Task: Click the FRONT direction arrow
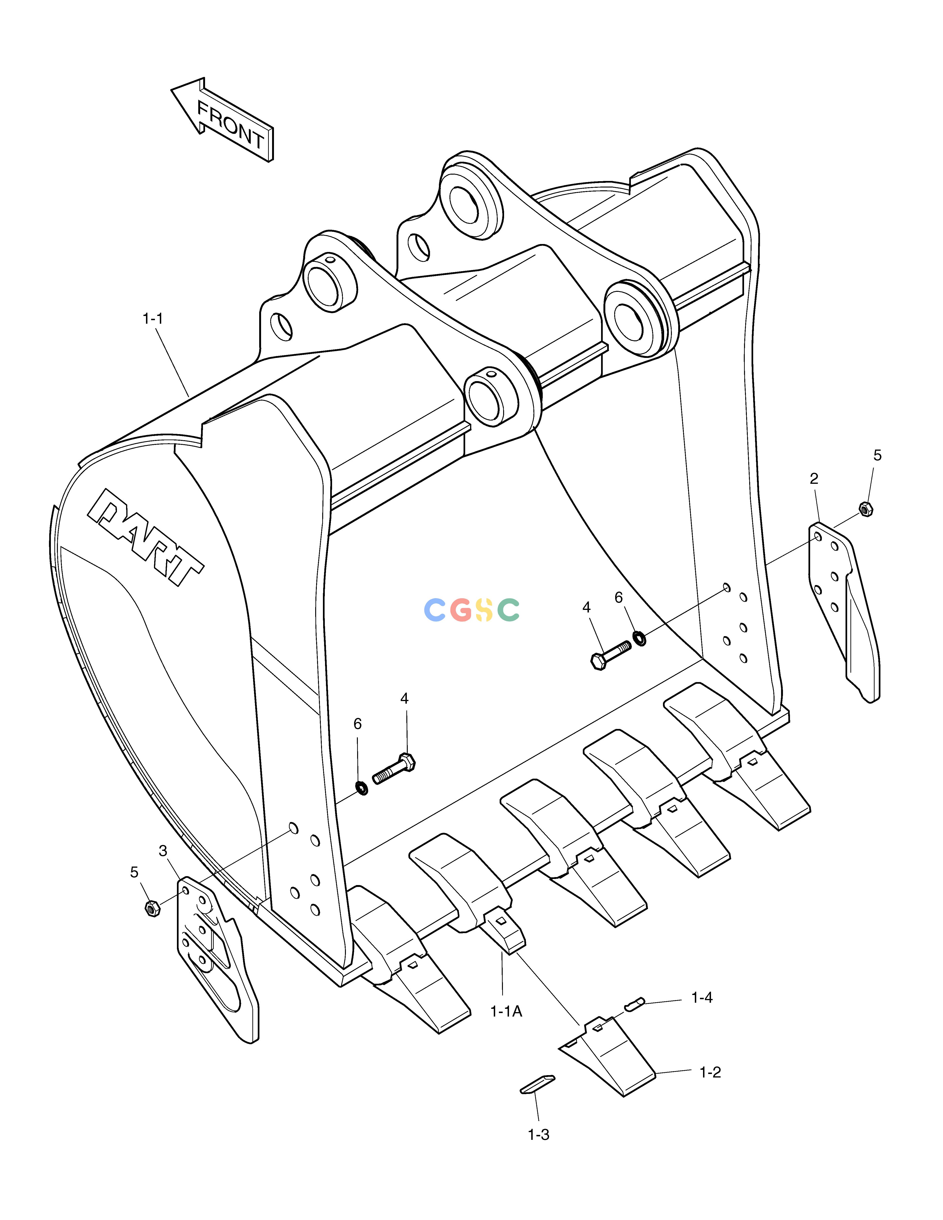coord(222,120)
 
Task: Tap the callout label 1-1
coord(153,319)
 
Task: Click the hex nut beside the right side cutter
coord(865,509)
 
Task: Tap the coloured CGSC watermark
coord(472,610)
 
